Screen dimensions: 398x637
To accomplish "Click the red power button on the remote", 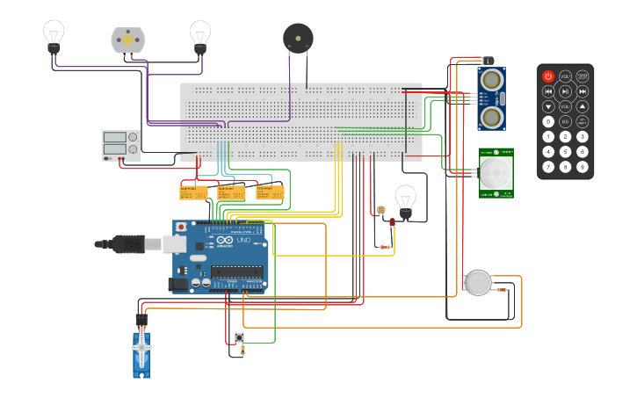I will pyautogui.click(x=548, y=76).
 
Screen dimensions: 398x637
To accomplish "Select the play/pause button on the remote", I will pyautogui.click(x=565, y=91).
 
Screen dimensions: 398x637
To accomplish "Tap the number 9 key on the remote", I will pyautogui.click(x=582, y=166).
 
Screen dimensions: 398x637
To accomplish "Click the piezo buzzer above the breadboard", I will pyautogui.click(x=298, y=39).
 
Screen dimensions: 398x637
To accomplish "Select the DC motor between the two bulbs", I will pyautogui.click(x=127, y=40).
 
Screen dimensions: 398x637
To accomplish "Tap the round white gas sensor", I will pyautogui.click(x=478, y=282).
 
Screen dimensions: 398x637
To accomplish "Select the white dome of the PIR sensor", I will pyautogui.click(x=496, y=173).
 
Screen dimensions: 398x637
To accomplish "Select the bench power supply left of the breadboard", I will pyautogui.click(x=121, y=146).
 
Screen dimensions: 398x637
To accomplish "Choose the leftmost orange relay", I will pyautogui.click(x=193, y=192).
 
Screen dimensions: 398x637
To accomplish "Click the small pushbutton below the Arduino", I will pyautogui.click(x=239, y=338).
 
